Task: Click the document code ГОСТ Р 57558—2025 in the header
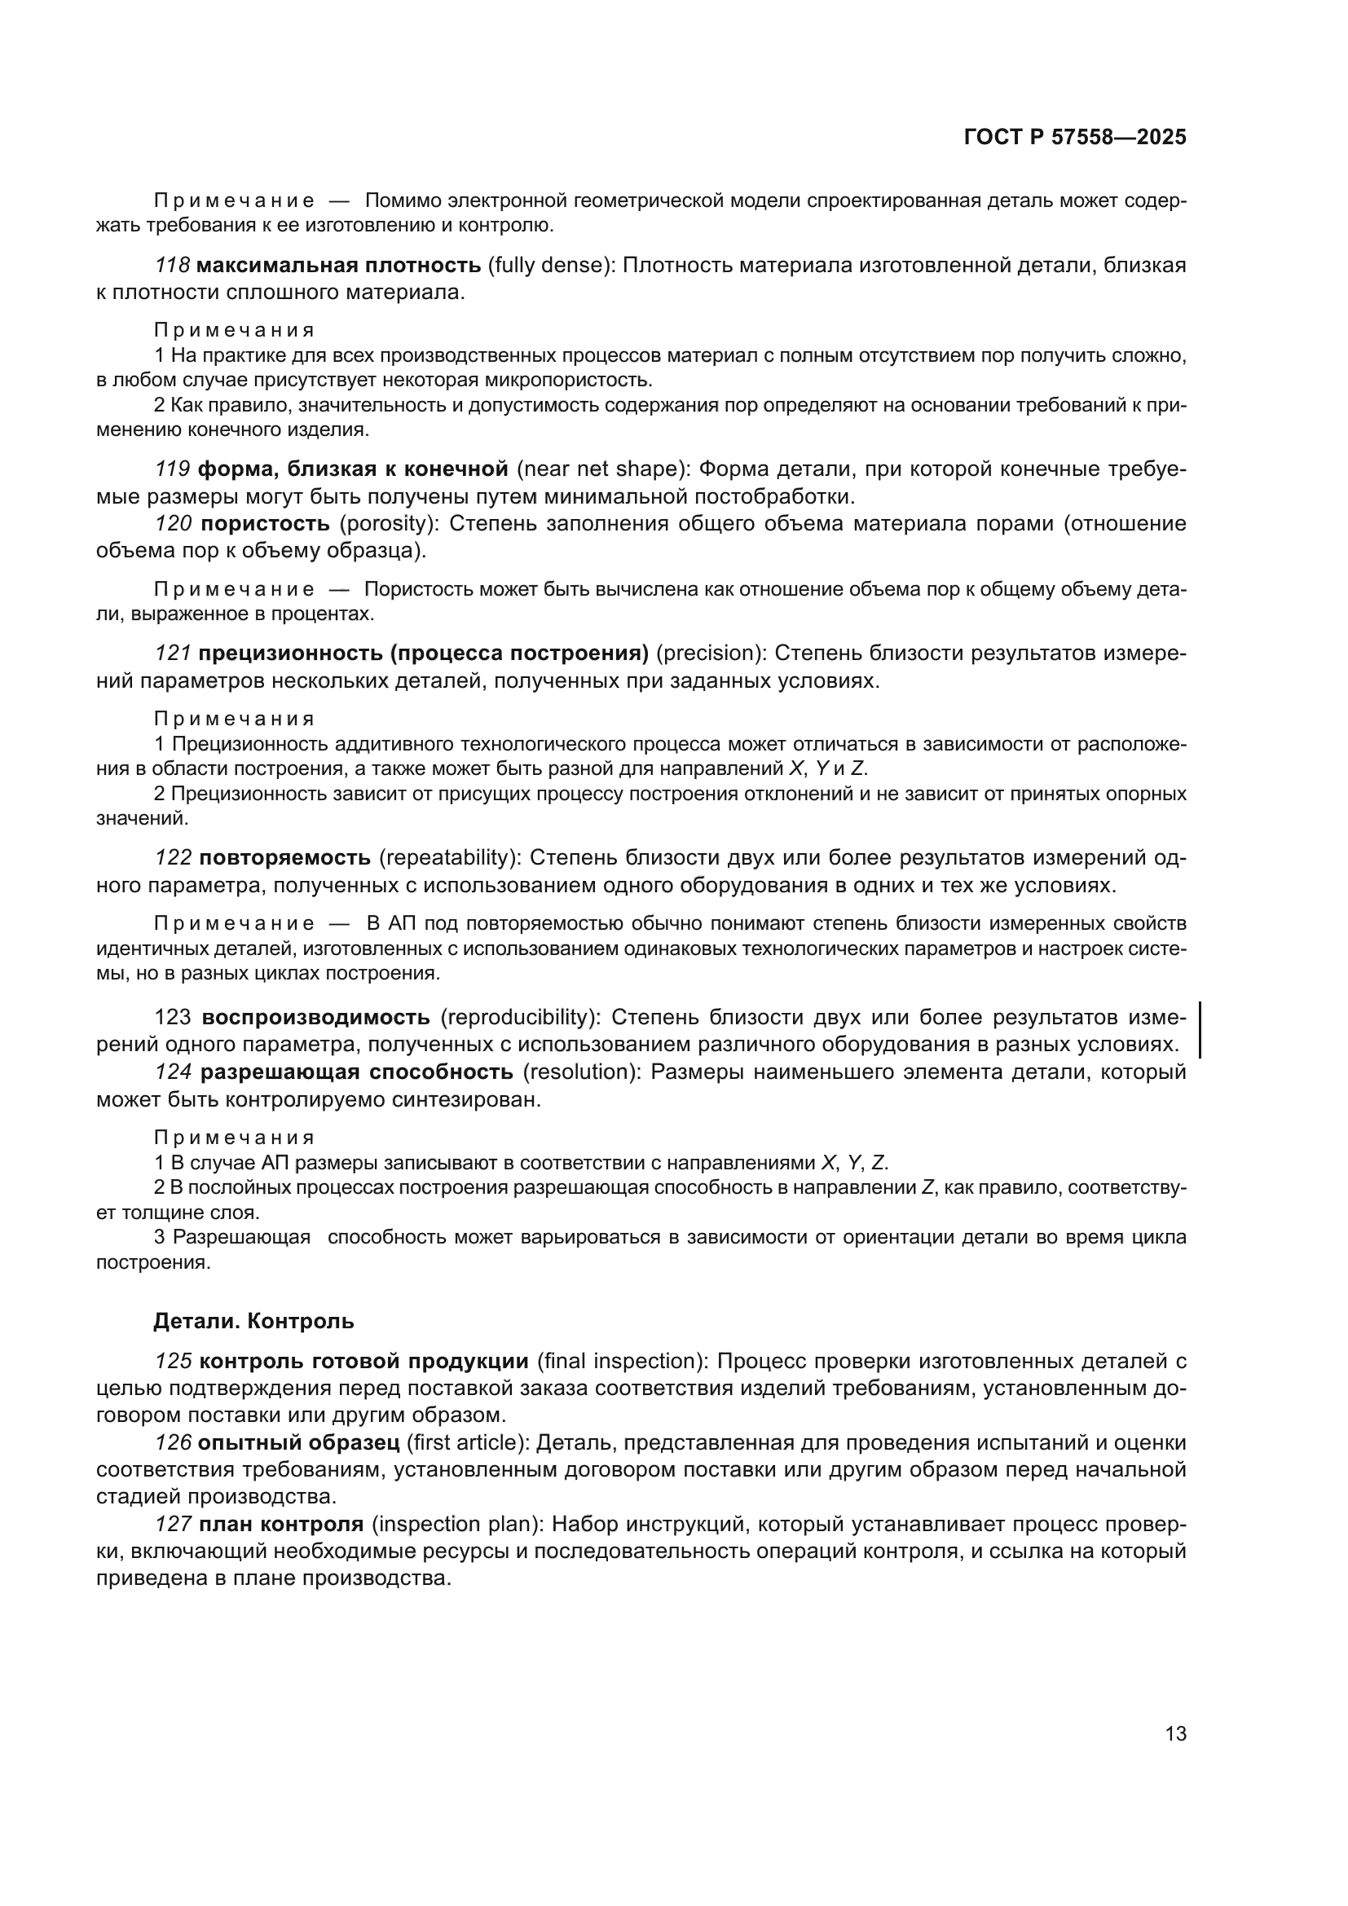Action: (1075, 138)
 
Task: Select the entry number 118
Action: (173, 266)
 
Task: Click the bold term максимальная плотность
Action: (339, 266)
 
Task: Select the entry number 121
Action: (173, 654)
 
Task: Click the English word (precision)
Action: (711, 654)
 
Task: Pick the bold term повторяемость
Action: (285, 857)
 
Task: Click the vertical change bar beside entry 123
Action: (1201, 1030)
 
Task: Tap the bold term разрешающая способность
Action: (357, 1072)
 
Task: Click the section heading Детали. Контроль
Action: (253, 1321)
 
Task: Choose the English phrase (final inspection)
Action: (623, 1362)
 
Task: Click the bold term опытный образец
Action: (299, 1443)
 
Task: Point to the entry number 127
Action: (173, 1524)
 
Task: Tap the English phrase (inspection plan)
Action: (456, 1524)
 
